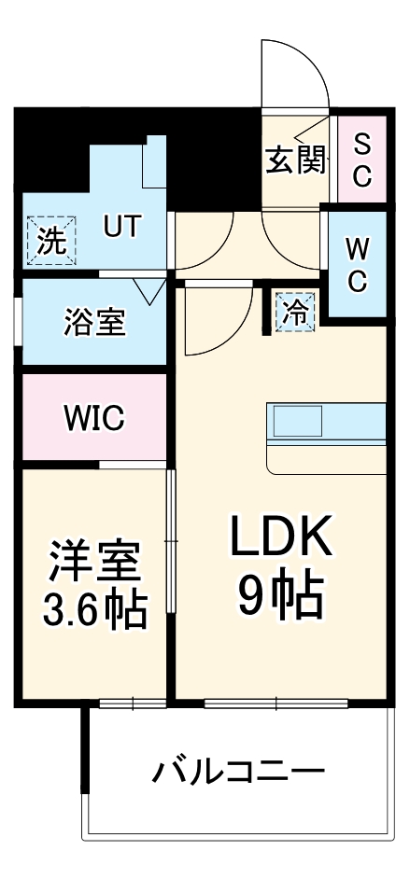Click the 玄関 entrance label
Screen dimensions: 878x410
(x=297, y=160)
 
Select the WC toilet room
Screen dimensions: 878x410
(x=357, y=264)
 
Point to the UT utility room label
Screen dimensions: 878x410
(x=122, y=227)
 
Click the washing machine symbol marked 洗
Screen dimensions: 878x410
(x=52, y=242)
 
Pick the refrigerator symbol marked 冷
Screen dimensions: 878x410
(x=295, y=311)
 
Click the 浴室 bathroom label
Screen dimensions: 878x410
(x=93, y=323)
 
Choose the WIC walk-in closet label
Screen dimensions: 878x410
(x=93, y=418)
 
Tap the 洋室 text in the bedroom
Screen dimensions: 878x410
(x=94, y=562)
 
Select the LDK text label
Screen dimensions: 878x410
(x=281, y=540)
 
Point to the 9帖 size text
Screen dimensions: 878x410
(x=281, y=593)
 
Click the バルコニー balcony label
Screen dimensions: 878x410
(x=239, y=773)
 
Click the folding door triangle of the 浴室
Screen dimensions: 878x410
(x=148, y=290)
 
